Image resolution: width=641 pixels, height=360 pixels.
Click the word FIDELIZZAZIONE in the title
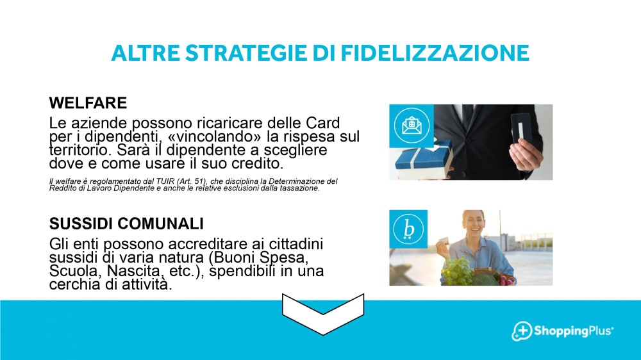[x=435, y=53]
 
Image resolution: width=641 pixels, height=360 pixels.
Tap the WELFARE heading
[x=88, y=103]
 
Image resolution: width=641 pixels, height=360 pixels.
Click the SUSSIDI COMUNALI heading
[x=126, y=224]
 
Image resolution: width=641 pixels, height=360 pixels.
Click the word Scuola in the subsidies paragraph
[x=76, y=271]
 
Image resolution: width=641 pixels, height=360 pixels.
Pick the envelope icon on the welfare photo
[x=412, y=126]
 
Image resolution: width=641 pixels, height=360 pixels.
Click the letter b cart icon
[x=408, y=229]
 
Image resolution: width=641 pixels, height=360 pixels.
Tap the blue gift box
[x=424, y=160]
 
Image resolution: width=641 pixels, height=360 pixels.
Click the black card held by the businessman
[x=520, y=129]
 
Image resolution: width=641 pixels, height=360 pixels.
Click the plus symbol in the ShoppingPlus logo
[x=522, y=330]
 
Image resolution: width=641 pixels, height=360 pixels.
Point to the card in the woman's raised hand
[x=444, y=240]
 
